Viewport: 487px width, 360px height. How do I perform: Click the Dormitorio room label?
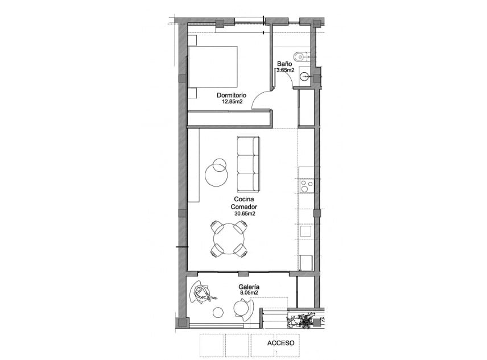pyautogui.click(x=231, y=95)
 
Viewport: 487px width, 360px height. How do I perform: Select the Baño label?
pyautogui.click(x=284, y=64)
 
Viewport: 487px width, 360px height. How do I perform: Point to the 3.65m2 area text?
pyautogui.click(x=284, y=71)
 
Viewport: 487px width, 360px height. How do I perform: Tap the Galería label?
pyautogui.click(x=250, y=287)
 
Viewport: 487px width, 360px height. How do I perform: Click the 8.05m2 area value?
pyautogui.click(x=250, y=293)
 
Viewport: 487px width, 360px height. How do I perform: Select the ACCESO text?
pyautogui.click(x=280, y=344)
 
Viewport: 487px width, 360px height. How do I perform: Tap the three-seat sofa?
pyautogui.click(x=248, y=164)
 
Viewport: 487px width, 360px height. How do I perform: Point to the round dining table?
pyautogui.click(x=229, y=239)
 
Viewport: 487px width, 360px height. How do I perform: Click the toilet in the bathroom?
pyautogui.click(x=300, y=56)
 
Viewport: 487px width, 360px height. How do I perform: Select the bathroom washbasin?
pyautogui.click(x=305, y=76)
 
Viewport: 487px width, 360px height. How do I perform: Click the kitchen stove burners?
pyautogui.click(x=306, y=185)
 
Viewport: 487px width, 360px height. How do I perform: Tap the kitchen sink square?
pyautogui.click(x=306, y=230)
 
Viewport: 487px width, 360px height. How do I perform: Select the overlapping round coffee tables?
pyautogui.click(x=217, y=171)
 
